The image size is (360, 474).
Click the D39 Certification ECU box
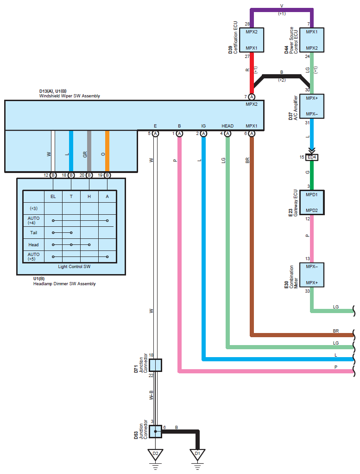point(252,40)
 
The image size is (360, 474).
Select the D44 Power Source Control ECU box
point(312,40)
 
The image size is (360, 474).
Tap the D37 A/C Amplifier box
point(312,106)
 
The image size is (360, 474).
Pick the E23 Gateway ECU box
point(312,203)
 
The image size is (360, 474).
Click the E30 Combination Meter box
point(312,275)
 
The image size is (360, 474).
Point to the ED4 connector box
point(312,157)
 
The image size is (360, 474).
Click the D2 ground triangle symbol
point(155,455)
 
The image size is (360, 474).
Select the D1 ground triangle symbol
point(197,455)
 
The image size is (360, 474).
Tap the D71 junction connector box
point(155,365)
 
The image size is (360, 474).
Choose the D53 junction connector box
point(155,431)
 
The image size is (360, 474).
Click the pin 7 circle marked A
point(252,97)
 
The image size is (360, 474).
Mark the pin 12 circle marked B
point(53,175)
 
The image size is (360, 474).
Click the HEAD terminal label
point(227,126)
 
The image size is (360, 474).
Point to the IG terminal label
point(203,126)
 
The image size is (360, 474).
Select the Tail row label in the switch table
point(33,232)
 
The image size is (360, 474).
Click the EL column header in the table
point(53,197)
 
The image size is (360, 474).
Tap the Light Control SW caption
point(74,267)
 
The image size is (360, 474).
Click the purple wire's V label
point(282,6)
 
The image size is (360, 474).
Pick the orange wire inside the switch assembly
point(107,151)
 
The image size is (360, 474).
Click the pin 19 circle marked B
point(107,175)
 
